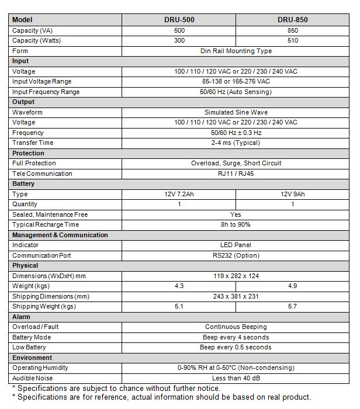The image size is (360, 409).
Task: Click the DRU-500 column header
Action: tap(179, 20)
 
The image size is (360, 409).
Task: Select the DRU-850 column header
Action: tap(293, 20)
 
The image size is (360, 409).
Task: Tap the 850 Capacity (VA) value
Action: tap(293, 30)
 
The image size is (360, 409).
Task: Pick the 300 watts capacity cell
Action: tap(179, 41)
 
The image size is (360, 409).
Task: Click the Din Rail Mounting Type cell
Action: tap(236, 51)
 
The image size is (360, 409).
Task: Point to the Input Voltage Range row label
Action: tap(41, 82)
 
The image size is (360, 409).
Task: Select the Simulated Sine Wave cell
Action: tap(236, 112)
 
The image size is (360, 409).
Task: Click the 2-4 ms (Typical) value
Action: tap(236, 143)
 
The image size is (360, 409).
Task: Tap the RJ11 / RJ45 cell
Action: tap(236, 174)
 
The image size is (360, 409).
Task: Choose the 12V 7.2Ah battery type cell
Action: tap(179, 194)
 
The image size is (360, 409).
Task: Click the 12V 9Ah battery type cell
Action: tap(293, 194)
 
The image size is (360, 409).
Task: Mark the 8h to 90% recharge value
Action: tap(236, 225)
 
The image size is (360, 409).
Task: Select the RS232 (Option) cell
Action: tap(236, 255)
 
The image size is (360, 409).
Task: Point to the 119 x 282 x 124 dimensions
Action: tap(236, 276)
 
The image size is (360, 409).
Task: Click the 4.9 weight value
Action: tap(293, 286)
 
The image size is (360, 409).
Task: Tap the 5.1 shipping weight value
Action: tap(179, 307)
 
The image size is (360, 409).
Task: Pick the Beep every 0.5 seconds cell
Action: tap(236, 348)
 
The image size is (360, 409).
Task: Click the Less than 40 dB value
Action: tap(236, 378)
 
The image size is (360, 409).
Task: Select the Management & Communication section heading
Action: tap(60, 235)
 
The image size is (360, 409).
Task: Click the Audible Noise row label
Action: tap(32, 378)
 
